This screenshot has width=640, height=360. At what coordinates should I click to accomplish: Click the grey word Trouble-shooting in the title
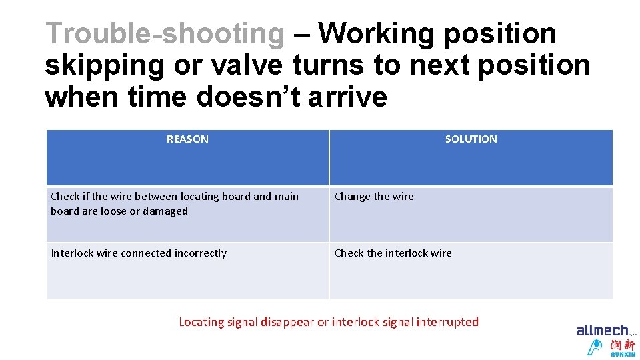click(x=165, y=33)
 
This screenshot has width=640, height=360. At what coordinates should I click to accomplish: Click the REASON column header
click(x=187, y=139)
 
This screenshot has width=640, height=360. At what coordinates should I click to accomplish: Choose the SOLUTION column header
click(x=471, y=139)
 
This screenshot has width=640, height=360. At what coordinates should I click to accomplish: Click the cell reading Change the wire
click(x=374, y=197)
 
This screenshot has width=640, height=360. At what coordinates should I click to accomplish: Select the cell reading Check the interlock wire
click(x=393, y=253)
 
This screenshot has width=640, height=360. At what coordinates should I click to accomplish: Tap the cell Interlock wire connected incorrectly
click(x=139, y=253)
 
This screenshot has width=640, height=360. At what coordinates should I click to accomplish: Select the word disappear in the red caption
click(x=287, y=322)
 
